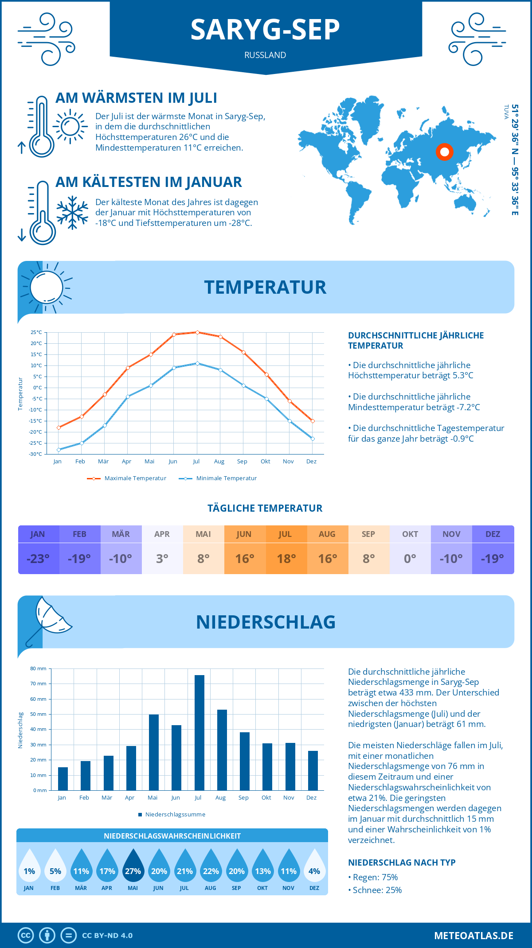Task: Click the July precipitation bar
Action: (199, 733)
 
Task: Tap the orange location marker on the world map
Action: (444, 152)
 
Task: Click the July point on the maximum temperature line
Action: (197, 332)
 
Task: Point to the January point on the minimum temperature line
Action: (59, 450)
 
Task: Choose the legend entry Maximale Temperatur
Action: (127, 478)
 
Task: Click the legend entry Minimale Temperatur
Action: (218, 478)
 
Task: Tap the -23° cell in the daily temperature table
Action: (38, 559)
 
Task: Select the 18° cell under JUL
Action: (286, 559)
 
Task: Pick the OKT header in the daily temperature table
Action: (410, 534)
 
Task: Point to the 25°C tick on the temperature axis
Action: (36, 332)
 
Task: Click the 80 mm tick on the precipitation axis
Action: (39, 668)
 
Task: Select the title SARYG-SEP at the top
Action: (265, 30)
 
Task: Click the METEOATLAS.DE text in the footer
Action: (473, 936)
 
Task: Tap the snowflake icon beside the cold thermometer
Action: (72, 213)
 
